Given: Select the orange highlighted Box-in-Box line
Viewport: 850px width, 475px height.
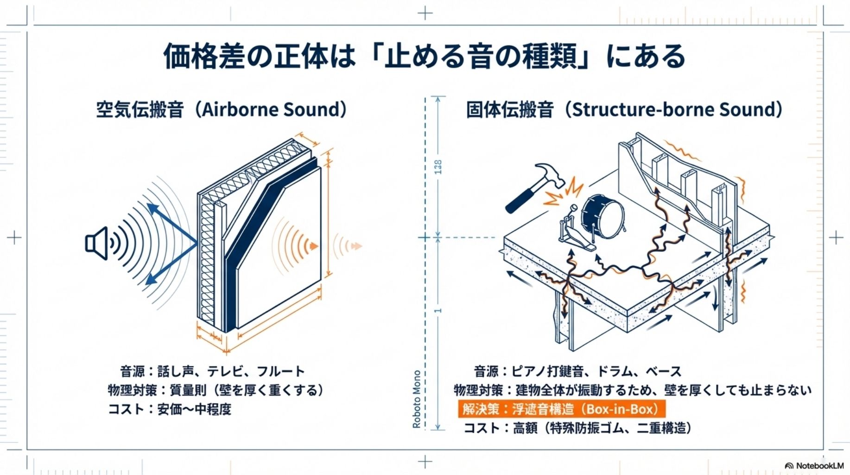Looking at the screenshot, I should pos(561,409).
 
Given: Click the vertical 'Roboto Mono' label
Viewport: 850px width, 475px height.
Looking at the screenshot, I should pos(417,399).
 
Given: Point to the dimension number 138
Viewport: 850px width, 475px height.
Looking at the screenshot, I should pos(438,167).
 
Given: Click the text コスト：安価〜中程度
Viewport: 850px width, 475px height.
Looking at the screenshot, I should pos(169,409).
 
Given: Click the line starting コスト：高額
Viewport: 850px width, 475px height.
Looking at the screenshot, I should pos(577,428).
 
